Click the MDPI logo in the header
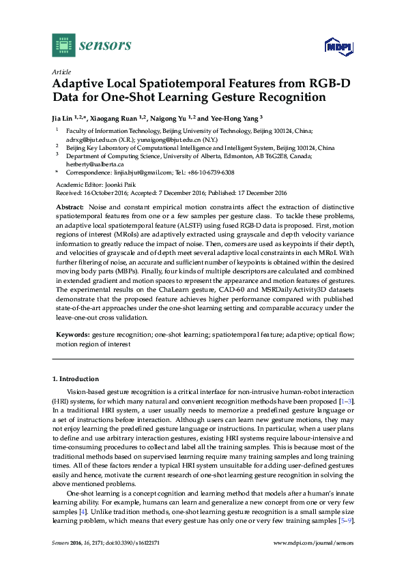coord(336,46)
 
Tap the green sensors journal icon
coord(63,45)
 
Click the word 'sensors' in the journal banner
coord(105,46)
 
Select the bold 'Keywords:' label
coord(72,336)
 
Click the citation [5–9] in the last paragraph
coord(346,520)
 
